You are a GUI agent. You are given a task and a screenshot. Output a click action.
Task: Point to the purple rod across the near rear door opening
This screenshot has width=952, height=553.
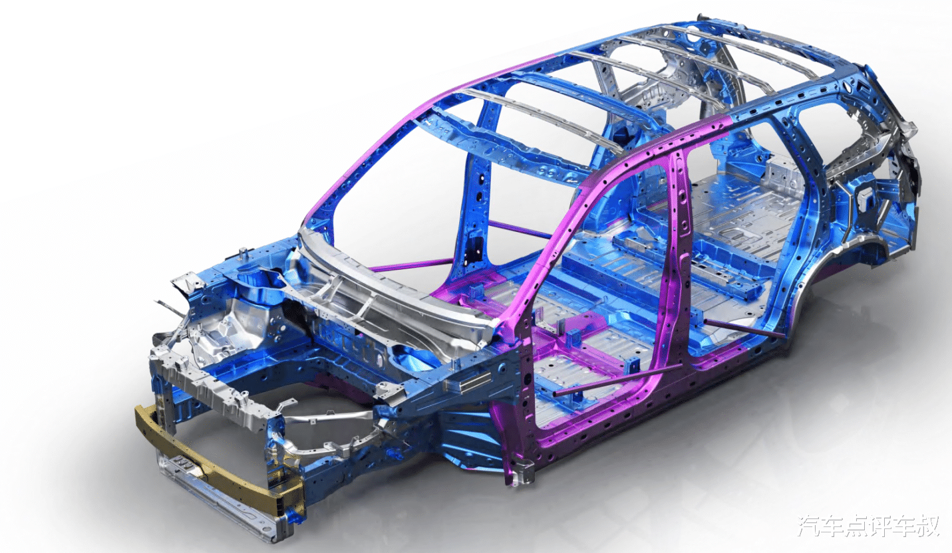pos(743,329)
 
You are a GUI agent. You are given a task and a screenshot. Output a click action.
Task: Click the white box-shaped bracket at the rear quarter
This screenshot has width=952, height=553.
pos(866,199)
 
